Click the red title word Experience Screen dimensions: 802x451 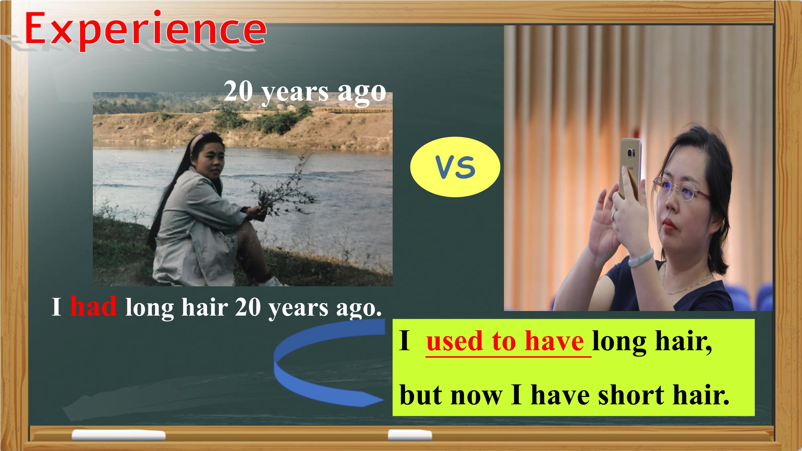coord(145,29)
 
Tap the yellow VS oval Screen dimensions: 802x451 coord(455,167)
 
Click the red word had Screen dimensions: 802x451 coord(93,306)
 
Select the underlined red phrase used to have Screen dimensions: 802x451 coord(505,341)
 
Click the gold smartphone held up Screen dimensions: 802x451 coord(630,169)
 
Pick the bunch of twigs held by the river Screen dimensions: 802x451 coord(284,187)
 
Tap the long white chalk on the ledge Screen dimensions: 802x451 coord(118,435)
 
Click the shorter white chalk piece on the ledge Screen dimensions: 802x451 coord(410,435)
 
